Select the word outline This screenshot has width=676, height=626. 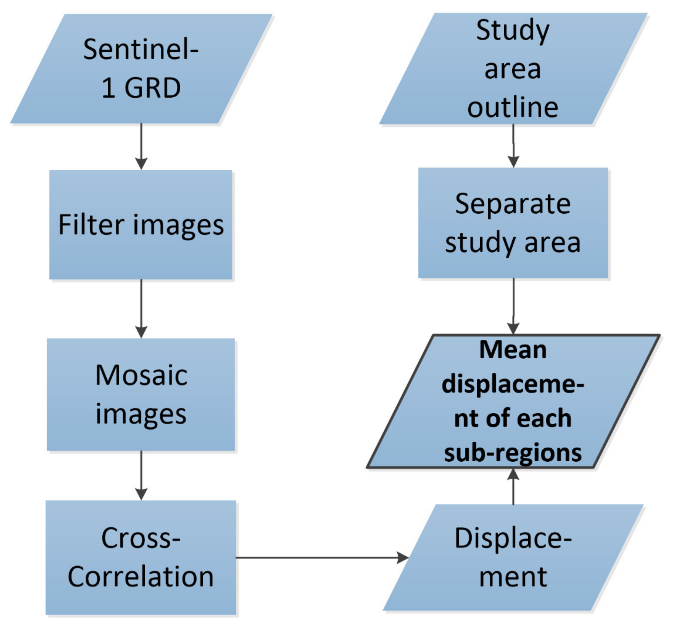pos(512,108)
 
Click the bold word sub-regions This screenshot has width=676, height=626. pos(513,453)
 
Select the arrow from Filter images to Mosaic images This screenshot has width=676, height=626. pos(141,308)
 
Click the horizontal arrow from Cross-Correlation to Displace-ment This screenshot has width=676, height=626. pos(322,557)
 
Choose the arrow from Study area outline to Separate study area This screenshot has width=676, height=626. pos(513,146)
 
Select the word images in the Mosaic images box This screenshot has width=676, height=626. pos(141,414)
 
